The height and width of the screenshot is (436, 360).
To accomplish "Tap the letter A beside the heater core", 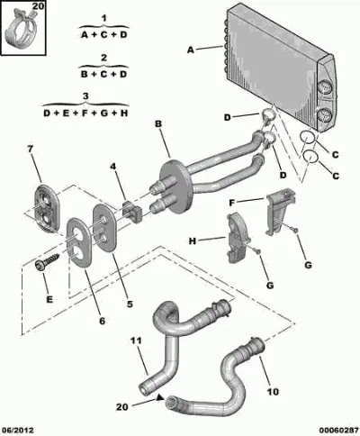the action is click(x=191, y=50).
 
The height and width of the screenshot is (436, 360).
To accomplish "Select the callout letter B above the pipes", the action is click(x=158, y=123).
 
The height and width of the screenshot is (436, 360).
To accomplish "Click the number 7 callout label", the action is click(x=30, y=150).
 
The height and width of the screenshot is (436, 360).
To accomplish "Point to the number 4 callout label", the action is click(x=112, y=166).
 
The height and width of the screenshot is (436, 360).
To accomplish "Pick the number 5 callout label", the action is click(x=130, y=304).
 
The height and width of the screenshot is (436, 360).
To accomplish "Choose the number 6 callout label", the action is click(x=103, y=321).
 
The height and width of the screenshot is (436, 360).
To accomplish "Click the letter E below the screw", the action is click(x=49, y=299).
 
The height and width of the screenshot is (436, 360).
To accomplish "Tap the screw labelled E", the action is click(x=48, y=261).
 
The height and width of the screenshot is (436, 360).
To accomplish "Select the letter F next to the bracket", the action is click(x=231, y=203).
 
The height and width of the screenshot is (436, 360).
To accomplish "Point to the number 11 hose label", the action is click(x=136, y=341).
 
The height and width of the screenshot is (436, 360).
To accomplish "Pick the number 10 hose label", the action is click(x=273, y=392).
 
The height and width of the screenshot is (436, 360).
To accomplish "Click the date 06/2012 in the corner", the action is click(x=17, y=431).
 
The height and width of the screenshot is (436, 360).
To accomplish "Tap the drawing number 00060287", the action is click(x=338, y=431).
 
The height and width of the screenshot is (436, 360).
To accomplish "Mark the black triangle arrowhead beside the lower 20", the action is click(x=160, y=398).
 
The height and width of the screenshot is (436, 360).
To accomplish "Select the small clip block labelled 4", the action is click(x=131, y=211).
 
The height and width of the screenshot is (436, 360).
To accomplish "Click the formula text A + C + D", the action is click(x=103, y=35).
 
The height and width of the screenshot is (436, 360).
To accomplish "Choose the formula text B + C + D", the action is click(x=103, y=74).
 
